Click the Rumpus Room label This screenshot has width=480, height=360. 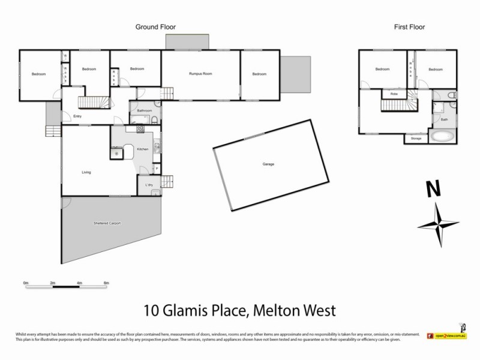[x=200, y=74]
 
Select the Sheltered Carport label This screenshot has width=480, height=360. [x=107, y=223]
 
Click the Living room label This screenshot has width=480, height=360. [x=86, y=172]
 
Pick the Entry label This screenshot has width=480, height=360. [x=77, y=116]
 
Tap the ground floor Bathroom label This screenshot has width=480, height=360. [x=144, y=111]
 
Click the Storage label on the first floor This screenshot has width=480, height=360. [x=416, y=139]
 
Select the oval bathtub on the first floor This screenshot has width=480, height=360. [x=443, y=136]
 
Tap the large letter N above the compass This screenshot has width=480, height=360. [x=433, y=189]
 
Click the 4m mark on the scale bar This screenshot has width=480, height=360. [x=79, y=282]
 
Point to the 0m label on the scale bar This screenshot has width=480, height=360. [x=26, y=282]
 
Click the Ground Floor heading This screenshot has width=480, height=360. [x=155, y=27]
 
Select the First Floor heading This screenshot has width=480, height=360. [x=409, y=27]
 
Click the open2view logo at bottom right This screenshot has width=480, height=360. [x=448, y=336]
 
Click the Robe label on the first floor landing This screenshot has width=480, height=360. [x=394, y=94]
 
